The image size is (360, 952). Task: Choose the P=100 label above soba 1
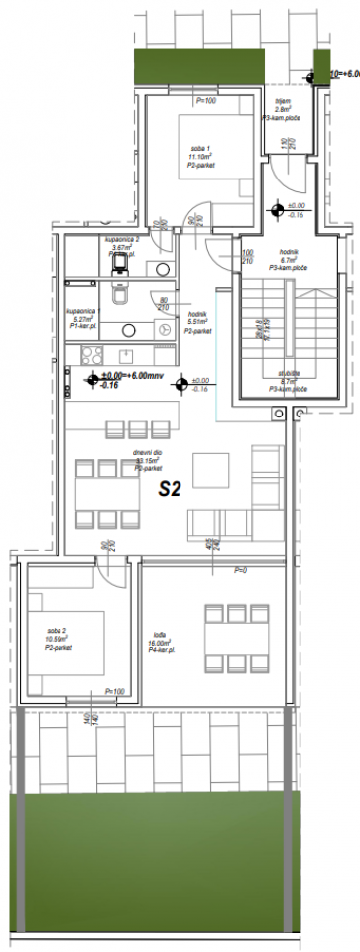pos(206,101)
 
